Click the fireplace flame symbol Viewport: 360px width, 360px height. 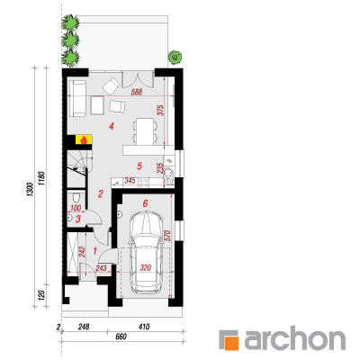point(85,139)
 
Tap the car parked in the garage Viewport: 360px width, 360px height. point(146,252)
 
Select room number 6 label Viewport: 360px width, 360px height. point(145,203)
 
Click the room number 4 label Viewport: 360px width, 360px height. point(112,127)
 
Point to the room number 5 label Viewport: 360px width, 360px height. point(139,166)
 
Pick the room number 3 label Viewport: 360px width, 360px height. point(78,219)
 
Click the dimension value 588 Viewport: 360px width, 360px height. point(137,92)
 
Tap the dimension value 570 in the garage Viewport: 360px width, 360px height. point(167,236)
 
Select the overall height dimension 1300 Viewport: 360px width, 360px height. point(30,190)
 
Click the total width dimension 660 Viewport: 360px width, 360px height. point(121,337)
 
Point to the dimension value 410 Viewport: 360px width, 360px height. point(144,327)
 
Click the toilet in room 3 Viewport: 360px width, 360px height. point(76,197)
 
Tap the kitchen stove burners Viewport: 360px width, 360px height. point(143,183)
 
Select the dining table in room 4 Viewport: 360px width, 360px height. point(145,130)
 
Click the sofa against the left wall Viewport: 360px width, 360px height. point(78,98)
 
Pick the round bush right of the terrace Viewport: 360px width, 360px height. point(175,57)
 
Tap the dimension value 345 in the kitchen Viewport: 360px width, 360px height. point(130,181)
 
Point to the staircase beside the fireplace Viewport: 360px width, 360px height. point(77,169)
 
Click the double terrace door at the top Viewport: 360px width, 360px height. point(138,79)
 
